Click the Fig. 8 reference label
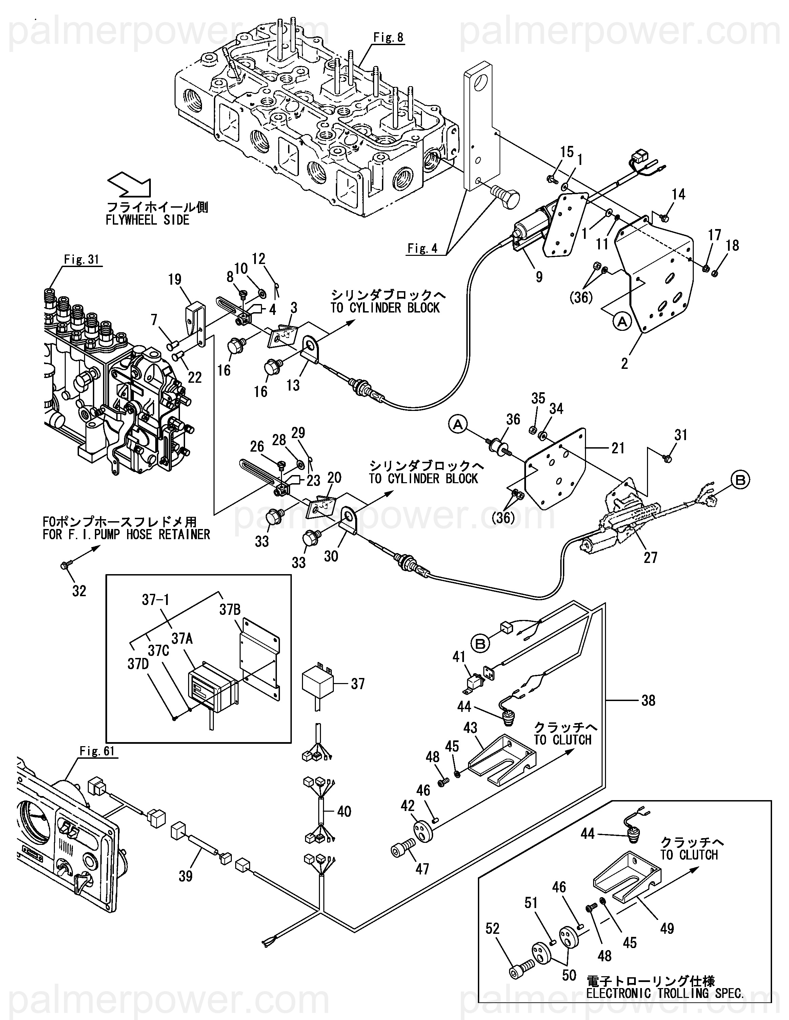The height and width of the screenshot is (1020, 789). [x=388, y=38]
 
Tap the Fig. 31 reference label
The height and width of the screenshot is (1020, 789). [x=82, y=260]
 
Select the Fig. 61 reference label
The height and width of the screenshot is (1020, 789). [x=97, y=751]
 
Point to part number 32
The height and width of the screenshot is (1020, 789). [x=79, y=591]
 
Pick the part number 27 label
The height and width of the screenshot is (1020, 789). [x=650, y=557]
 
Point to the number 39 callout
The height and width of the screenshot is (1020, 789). [x=186, y=876]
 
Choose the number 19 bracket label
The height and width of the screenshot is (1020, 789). [x=175, y=280]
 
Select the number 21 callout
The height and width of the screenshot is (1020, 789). [x=618, y=448]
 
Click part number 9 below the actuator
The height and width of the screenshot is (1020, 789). [x=539, y=277]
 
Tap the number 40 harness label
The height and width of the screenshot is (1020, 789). [x=344, y=812]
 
